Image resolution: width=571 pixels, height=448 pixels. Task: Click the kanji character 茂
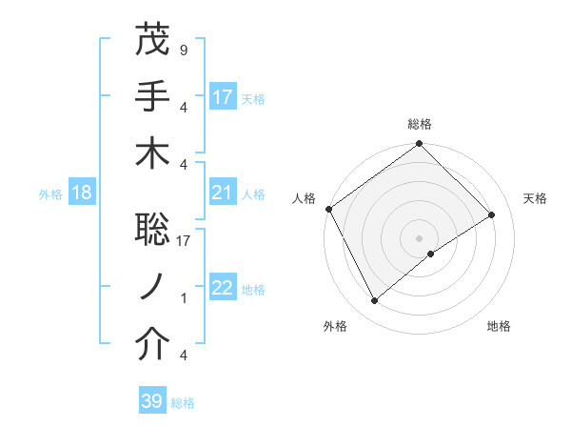153,40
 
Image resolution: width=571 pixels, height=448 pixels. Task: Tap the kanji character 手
153,96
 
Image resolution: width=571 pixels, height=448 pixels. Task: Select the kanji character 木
153,153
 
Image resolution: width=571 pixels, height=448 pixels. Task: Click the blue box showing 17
223,96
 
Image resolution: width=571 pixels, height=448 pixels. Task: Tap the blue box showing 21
223,193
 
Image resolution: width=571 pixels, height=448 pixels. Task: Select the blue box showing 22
223,289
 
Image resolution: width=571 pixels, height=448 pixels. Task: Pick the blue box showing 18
82,193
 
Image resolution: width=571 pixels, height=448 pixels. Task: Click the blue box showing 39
152,401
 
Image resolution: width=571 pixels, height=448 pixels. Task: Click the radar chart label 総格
420,124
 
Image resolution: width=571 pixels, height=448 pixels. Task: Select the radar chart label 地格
499,326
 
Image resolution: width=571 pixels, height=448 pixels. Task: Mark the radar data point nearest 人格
328,209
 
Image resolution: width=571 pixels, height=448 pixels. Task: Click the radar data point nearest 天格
492,215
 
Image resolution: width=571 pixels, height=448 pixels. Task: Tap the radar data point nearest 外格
375,301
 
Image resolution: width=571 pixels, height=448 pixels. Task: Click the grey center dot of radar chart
420,237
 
